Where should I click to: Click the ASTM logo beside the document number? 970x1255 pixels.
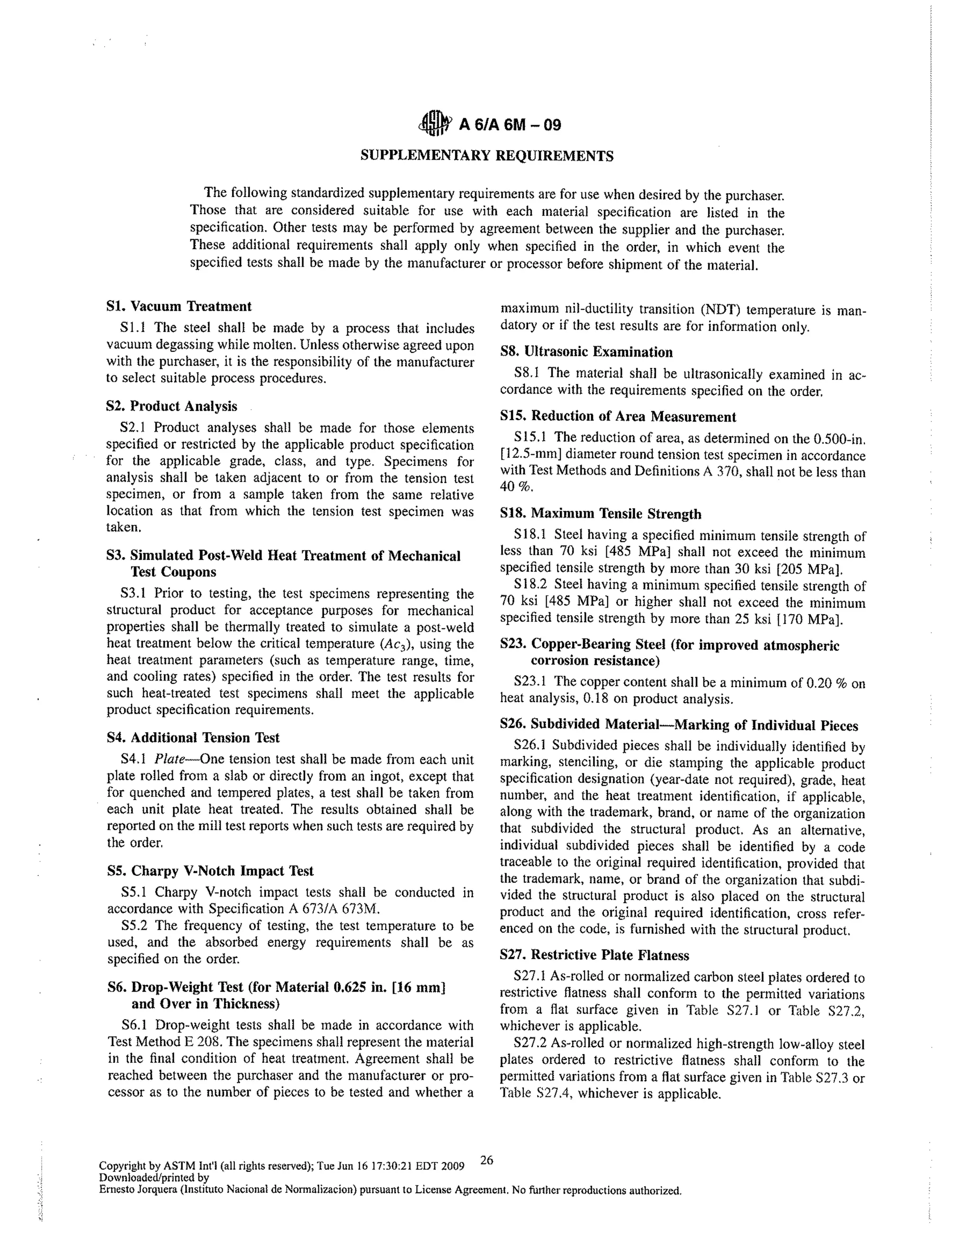click(434, 124)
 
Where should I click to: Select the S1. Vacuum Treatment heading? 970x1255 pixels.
click(179, 306)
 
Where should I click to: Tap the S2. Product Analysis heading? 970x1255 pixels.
click(171, 406)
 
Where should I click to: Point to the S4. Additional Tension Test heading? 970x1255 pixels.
click(193, 737)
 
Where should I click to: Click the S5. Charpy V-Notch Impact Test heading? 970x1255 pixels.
click(210, 870)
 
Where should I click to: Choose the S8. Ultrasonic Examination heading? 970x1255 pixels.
click(586, 352)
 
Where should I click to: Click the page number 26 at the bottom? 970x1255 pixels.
click(486, 1160)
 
